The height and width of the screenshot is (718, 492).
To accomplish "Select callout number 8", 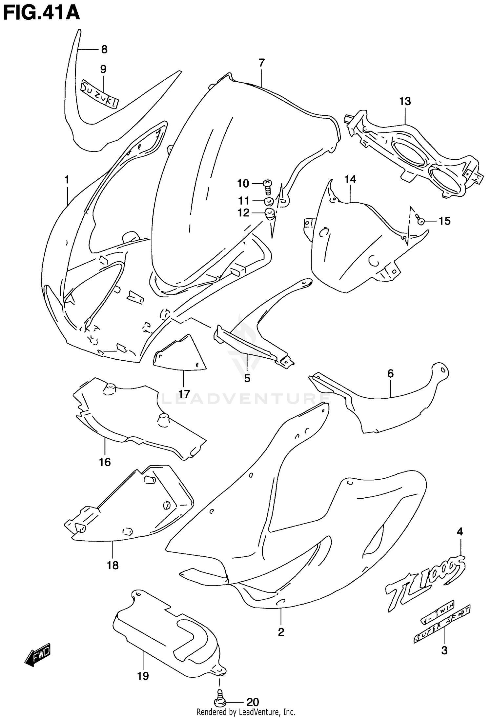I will (104, 50).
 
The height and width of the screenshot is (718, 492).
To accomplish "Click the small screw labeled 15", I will (420, 221).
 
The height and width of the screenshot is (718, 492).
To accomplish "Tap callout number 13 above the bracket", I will (405, 102).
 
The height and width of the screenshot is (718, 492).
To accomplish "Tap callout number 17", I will (184, 394).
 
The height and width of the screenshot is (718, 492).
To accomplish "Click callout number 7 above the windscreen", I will (261, 63).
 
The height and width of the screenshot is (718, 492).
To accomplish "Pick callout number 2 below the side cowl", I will (281, 632).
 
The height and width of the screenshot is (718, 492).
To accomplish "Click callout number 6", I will (390, 373).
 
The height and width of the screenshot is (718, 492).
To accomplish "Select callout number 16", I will (105, 462).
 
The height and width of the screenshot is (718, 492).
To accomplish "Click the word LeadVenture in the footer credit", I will (262, 712).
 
